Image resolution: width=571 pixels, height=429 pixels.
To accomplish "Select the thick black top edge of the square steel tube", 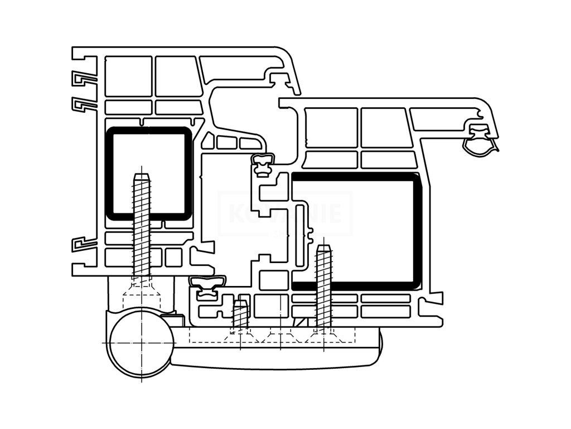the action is (148, 131).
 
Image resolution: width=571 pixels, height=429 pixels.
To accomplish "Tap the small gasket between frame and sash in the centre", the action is (263, 163).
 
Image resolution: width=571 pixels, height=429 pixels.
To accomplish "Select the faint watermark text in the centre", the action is (285, 214).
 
